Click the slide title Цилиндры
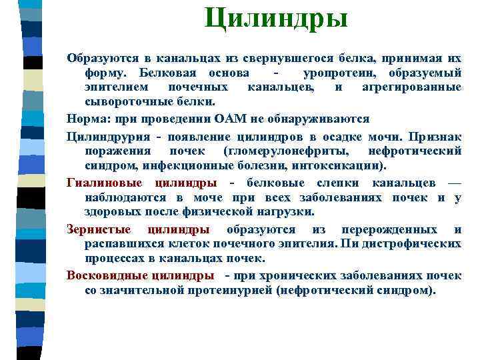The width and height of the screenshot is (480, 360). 276,18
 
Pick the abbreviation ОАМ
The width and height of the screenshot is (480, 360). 233,119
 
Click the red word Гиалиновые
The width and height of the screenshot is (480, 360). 106,183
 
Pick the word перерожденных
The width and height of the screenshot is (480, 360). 383,229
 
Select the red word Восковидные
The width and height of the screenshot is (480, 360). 107,275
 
